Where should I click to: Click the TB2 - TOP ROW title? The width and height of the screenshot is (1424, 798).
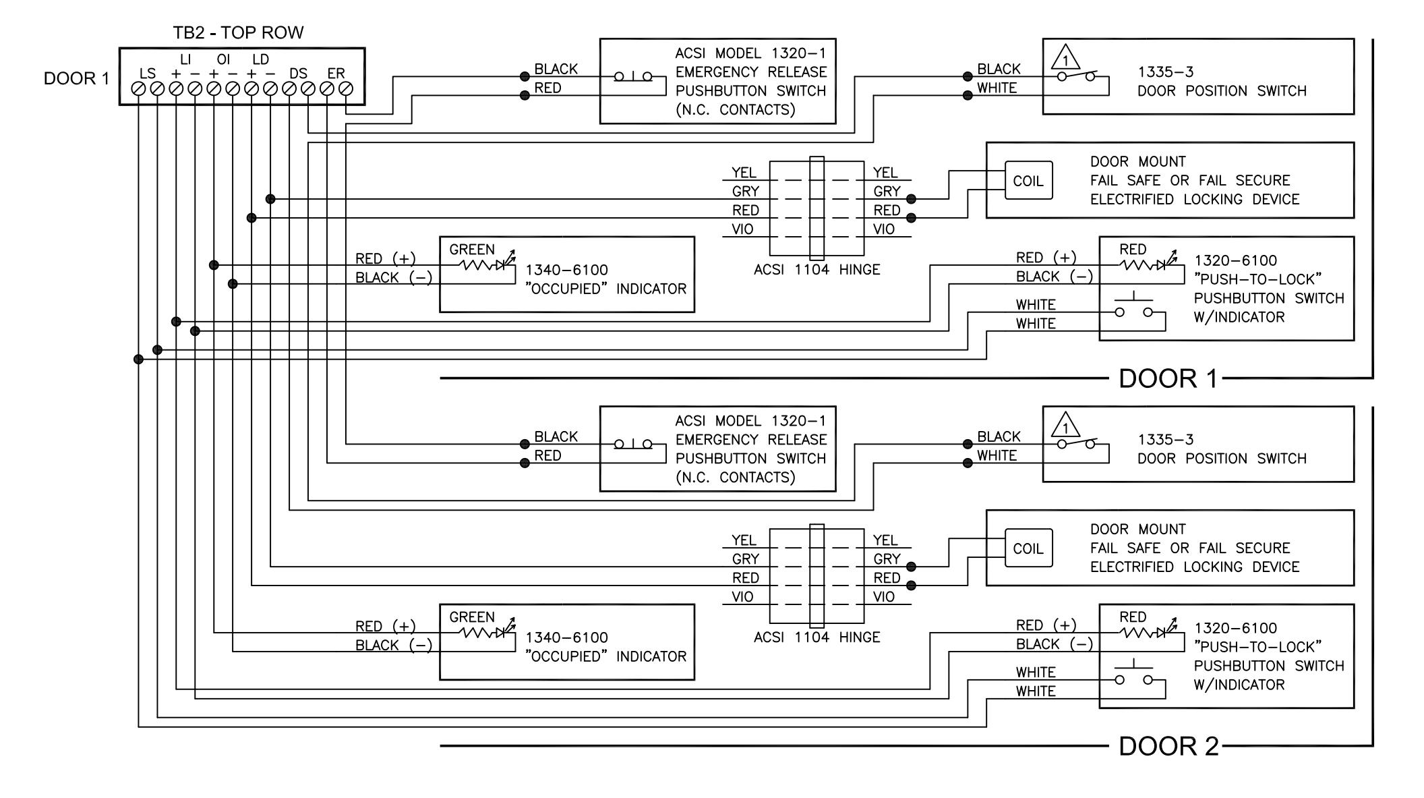(238, 32)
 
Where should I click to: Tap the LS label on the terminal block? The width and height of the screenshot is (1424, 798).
(147, 74)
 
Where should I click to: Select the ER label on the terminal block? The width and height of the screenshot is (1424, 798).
(336, 74)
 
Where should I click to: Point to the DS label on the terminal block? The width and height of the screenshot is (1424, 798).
(298, 74)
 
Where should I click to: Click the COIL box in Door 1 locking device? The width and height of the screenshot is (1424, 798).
(1028, 181)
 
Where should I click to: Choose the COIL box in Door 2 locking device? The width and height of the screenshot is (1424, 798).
(1028, 548)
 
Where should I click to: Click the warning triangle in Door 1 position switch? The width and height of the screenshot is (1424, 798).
(1065, 57)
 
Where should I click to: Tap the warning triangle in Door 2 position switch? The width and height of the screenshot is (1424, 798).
(1065, 424)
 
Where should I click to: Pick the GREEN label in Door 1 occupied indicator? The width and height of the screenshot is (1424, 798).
(472, 250)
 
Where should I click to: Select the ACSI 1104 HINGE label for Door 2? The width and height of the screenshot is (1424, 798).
(817, 637)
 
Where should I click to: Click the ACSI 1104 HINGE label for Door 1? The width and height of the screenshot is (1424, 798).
(817, 270)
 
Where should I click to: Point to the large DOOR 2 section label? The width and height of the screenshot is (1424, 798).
(1168, 746)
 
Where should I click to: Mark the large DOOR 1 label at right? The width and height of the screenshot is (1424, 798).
(1168, 378)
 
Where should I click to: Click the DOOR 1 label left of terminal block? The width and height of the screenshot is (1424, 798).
(76, 79)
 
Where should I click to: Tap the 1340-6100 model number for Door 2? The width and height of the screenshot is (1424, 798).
(566, 637)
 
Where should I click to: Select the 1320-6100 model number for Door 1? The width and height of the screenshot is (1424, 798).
(1235, 260)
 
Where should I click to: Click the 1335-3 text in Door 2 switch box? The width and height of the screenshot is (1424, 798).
(1165, 440)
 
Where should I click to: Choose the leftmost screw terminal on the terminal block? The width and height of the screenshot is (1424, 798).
(138, 88)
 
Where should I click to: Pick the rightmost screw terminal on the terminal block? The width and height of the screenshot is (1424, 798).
(346, 88)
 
